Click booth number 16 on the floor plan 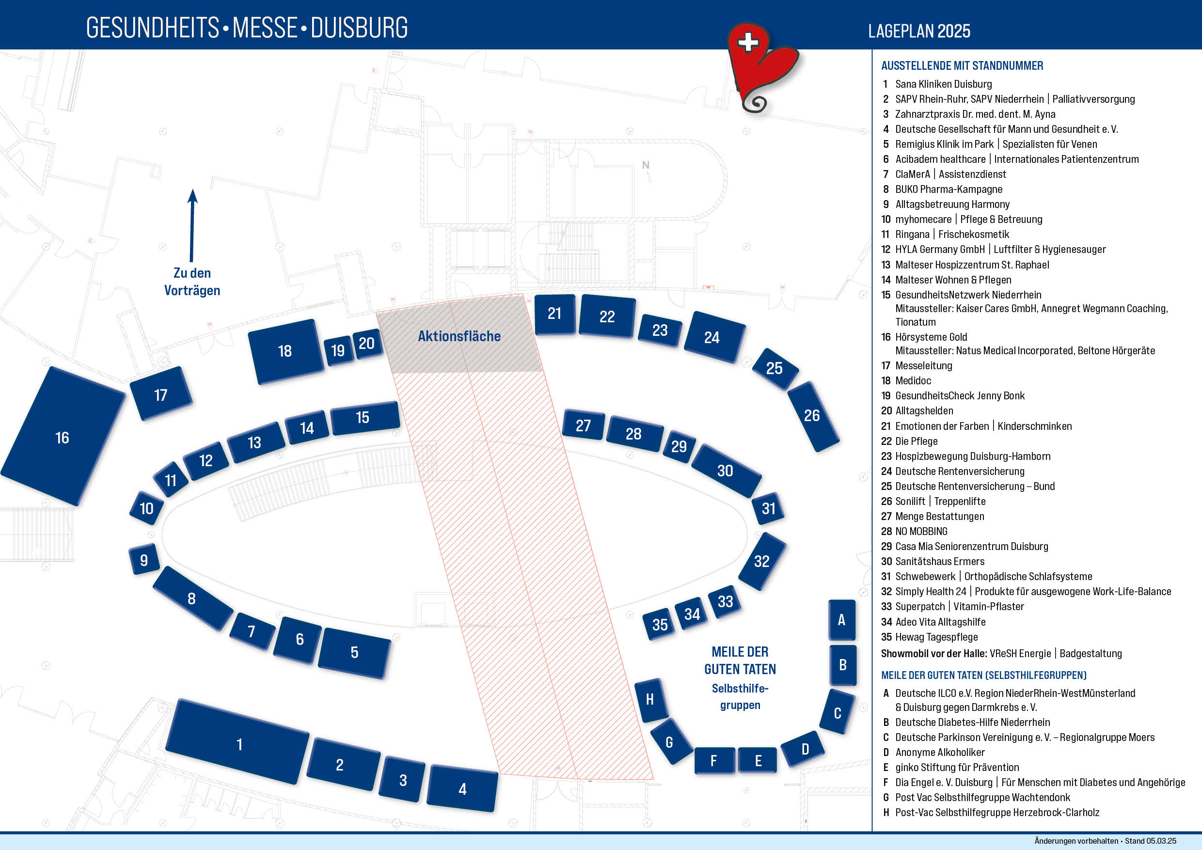(x=63, y=436)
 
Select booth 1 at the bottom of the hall (x=238, y=741)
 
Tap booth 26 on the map (x=813, y=416)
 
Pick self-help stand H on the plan (x=651, y=700)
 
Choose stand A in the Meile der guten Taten (x=842, y=620)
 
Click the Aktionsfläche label (x=459, y=336)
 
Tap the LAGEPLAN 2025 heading (x=919, y=31)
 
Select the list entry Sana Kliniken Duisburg (x=943, y=84)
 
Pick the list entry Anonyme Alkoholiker (x=940, y=752)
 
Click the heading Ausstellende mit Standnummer (x=962, y=66)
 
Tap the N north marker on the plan (x=646, y=165)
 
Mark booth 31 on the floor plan (x=768, y=508)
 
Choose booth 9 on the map (x=144, y=560)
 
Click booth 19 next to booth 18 (x=338, y=350)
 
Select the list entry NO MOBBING (x=921, y=531)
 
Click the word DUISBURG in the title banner (x=359, y=28)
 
